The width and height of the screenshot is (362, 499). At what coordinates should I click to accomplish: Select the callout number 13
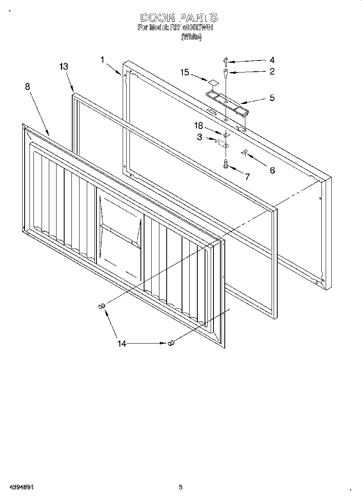63,67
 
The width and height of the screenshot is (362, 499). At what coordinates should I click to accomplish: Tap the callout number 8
27,87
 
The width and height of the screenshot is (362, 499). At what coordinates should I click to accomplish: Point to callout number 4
272,60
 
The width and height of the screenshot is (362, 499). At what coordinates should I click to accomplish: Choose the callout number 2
272,72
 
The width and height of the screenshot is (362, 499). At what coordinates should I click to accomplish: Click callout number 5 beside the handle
272,98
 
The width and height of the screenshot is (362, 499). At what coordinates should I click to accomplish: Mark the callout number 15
184,72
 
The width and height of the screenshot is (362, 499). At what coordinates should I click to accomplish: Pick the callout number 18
198,125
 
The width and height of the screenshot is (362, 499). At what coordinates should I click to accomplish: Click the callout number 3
199,137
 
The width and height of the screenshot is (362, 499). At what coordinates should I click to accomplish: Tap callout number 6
272,170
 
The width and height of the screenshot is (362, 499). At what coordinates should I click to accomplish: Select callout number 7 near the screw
247,176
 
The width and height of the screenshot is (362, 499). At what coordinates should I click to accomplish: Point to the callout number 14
121,344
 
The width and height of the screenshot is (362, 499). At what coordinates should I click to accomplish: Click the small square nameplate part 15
213,83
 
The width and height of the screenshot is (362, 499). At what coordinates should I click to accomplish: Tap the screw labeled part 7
226,163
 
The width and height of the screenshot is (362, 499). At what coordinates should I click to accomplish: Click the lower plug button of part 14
171,343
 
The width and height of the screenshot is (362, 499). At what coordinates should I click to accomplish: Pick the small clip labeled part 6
244,152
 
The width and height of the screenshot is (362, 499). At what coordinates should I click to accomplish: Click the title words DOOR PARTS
179,18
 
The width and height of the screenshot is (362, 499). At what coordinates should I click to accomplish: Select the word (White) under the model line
191,37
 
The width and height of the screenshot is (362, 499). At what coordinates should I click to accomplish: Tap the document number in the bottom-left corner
20,487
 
